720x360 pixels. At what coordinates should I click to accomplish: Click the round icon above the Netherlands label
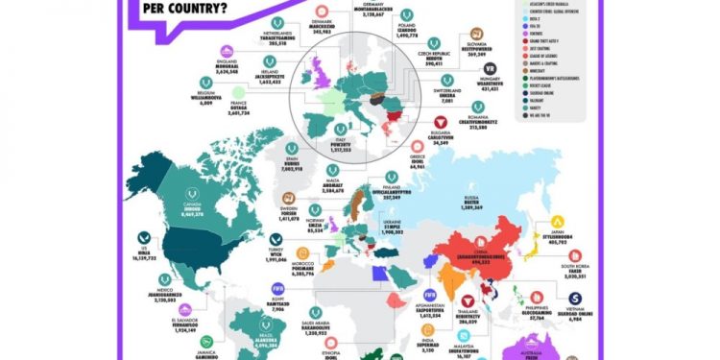click(277, 21)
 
